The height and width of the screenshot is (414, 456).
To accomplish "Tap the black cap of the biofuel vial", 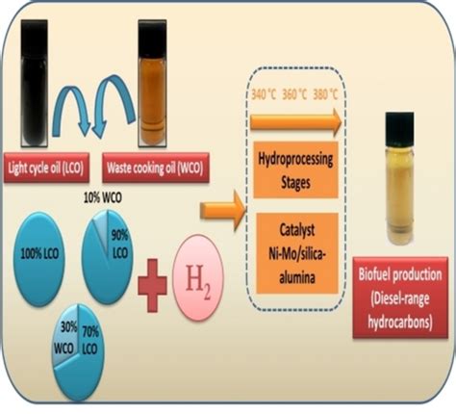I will tap(399, 122).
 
